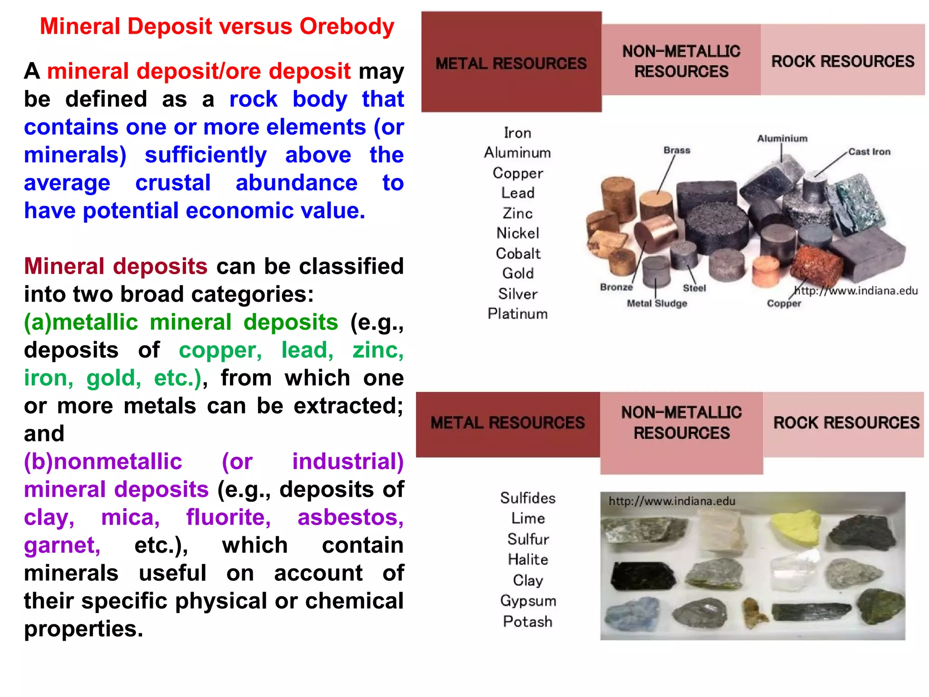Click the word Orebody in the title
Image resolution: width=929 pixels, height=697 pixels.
pyautogui.click(x=347, y=26)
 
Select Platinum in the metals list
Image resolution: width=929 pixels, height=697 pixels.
pyautogui.click(x=518, y=314)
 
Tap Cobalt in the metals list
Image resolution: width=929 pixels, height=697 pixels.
pyautogui.click(x=518, y=253)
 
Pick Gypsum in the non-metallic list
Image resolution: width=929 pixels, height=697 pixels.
pyautogui.click(x=528, y=601)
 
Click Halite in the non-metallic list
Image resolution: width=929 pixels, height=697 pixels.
pyautogui.click(x=528, y=560)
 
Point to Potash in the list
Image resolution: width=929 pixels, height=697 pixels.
pyautogui.click(x=528, y=621)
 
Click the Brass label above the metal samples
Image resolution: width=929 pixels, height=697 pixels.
pyautogui.click(x=677, y=150)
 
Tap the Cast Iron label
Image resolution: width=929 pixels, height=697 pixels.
pyautogui.click(x=869, y=152)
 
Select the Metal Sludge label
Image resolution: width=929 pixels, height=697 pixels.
pyautogui.click(x=657, y=303)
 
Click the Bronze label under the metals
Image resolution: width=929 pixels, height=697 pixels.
pyautogui.click(x=616, y=287)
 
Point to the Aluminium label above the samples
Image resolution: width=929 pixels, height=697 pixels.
pyautogui.click(x=782, y=138)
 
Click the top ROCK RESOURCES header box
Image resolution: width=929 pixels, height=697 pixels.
pyautogui.click(x=843, y=60)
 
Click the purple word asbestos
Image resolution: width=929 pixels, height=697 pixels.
pyautogui.click(x=350, y=517)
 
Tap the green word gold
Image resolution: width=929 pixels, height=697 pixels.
pyautogui.click(x=114, y=378)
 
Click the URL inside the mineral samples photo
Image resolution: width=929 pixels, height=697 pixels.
pyautogui.click(x=672, y=501)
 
